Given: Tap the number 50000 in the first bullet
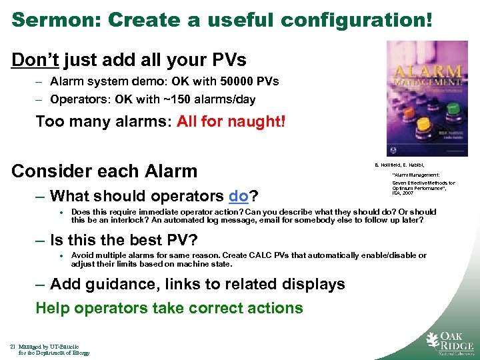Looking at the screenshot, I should click(x=228, y=82).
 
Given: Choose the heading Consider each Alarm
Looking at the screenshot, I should click(x=105, y=171).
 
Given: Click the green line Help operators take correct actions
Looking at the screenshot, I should click(x=169, y=308).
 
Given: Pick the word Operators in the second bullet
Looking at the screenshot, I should click(x=73, y=99).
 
